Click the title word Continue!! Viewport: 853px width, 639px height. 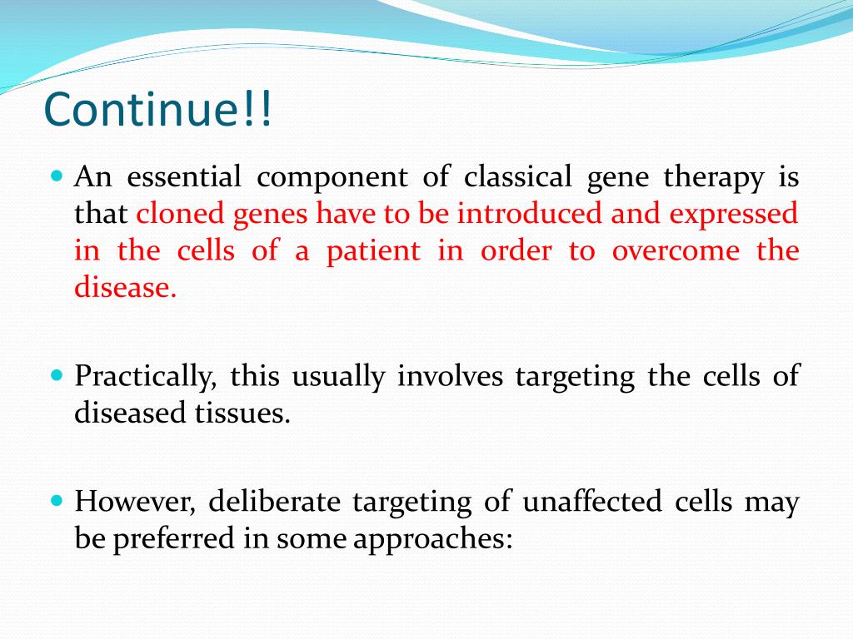pos(157,109)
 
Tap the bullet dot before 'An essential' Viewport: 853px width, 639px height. pos(57,176)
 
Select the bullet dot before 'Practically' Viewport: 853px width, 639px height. pos(57,375)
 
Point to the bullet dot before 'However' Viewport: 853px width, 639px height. pos(57,500)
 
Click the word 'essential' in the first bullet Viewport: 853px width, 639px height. pos(184,176)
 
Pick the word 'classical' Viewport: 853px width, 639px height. pos(517,176)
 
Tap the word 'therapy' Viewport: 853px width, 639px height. pos(714,178)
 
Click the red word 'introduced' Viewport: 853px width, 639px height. pos(529,212)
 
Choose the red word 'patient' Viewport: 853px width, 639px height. pos(373,252)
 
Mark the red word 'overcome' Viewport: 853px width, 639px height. pos(676,252)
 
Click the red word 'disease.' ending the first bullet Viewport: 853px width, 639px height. pos(126,286)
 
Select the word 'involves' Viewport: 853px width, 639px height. pos(450,375)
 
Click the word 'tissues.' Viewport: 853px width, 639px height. pos(242,413)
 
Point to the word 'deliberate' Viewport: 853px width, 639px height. pos(274,500)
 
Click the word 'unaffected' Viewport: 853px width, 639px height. pos(592,500)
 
